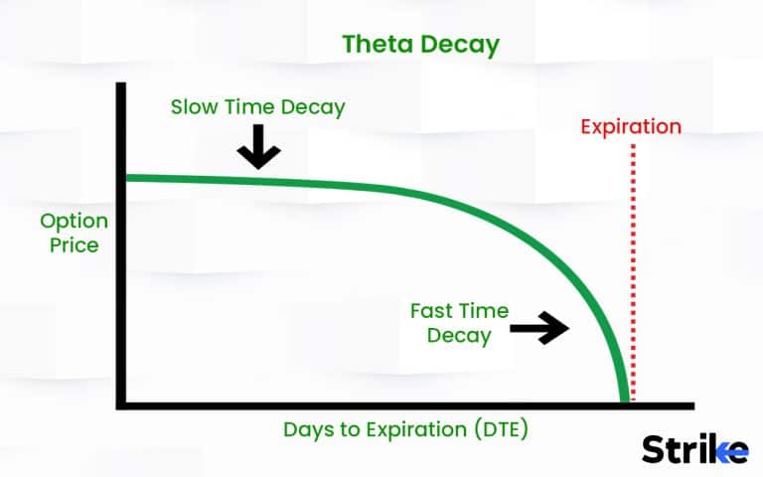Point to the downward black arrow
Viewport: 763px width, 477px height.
point(258,150)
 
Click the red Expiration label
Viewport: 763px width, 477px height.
point(631,126)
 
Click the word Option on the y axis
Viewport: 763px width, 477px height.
point(73,221)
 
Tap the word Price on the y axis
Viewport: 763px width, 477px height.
point(75,243)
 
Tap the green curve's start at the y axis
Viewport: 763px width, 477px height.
point(126,178)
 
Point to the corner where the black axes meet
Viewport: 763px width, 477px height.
point(120,405)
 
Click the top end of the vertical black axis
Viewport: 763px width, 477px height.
point(120,85)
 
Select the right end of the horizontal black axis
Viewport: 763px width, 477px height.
point(691,405)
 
